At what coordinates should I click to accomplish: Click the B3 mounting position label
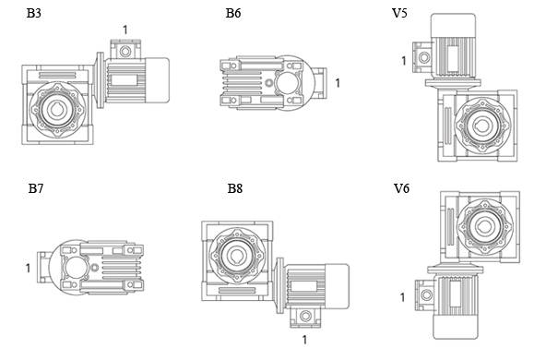[34, 13]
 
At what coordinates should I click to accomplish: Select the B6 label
[233, 13]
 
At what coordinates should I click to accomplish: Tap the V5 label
[399, 13]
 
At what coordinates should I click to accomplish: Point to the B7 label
[36, 188]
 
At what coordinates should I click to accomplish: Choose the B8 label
[235, 188]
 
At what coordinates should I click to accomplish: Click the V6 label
[401, 188]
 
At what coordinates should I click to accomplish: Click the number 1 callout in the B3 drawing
[125, 30]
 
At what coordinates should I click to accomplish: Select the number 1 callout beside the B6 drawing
[337, 83]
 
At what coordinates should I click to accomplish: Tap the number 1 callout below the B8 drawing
[304, 340]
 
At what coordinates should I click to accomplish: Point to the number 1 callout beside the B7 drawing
[28, 268]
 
